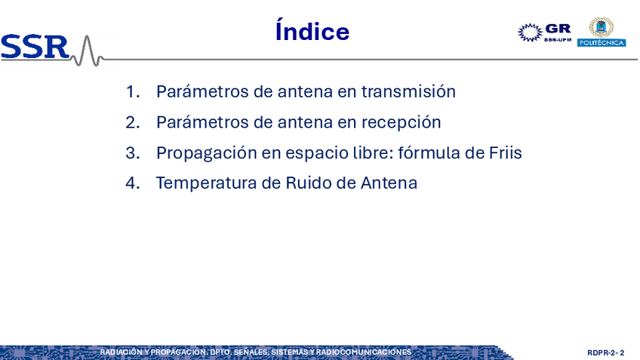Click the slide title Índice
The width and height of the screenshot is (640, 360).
[312, 30]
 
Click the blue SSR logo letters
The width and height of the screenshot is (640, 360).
[35, 47]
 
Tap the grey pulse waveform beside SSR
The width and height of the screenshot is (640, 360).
[88, 51]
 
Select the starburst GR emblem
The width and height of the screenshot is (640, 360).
[530, 32]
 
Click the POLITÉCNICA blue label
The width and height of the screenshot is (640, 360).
[602, 42]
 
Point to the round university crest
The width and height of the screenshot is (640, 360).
[601, 27]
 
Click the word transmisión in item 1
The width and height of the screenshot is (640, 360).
[408, 91]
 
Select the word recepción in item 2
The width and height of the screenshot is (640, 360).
[402, 122]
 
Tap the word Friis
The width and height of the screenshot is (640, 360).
[506, 152]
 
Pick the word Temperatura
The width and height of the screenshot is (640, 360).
[206, 183]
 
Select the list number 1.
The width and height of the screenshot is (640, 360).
[132, 91]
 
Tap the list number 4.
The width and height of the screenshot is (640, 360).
[132, 183]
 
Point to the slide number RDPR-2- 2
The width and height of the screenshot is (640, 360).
[606, 352]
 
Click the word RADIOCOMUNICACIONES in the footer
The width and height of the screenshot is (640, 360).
[364, 352]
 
